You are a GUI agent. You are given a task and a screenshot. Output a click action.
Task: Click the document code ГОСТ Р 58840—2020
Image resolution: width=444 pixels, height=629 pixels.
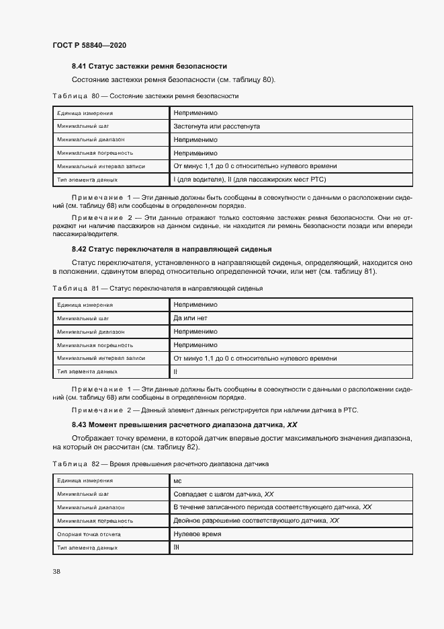click(89, 45)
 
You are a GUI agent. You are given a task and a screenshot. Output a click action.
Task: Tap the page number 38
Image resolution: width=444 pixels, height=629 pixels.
click(56, 572)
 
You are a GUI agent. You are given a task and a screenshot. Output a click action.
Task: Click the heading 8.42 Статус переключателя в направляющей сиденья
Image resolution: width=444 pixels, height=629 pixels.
click(171, 250)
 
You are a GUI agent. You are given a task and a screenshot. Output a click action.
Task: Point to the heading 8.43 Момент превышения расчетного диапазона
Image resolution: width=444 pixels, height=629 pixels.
click(185, 425)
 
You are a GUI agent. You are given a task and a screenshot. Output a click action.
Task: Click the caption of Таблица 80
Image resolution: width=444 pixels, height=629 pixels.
click(145, 96)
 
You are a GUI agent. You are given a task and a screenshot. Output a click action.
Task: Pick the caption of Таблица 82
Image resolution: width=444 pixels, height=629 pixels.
click(160, 464)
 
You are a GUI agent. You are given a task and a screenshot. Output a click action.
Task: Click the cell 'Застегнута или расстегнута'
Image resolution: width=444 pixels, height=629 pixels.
click(216, 126)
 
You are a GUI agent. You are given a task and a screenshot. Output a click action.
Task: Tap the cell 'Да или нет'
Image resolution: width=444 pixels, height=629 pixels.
click(191, 318)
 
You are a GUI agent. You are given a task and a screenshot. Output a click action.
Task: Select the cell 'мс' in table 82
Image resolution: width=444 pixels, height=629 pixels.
click(178, 481)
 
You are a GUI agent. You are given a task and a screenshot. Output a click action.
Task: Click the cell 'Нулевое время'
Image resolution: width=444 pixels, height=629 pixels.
click(197, 534)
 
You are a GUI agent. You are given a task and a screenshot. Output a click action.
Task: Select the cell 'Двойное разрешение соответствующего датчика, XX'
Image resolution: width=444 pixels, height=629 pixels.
click(256, 521)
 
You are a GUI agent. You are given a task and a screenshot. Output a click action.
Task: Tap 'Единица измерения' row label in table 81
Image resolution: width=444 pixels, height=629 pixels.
click(85, 305)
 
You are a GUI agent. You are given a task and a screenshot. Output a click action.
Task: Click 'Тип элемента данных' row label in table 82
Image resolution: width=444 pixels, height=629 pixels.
click(87, 548)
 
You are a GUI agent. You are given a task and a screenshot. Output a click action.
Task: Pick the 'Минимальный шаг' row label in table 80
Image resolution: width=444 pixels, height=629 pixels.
click(83, 126)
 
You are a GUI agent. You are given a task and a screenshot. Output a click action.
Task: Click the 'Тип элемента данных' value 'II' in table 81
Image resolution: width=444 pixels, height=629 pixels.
click(175, 371)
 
